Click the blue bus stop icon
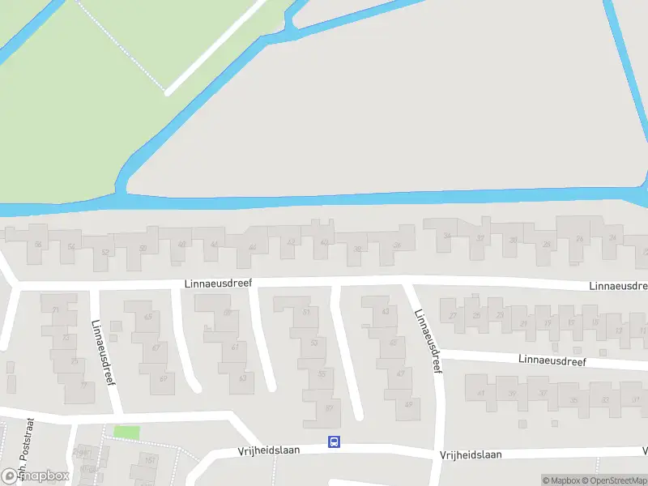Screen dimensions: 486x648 334,441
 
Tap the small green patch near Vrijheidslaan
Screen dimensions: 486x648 126,433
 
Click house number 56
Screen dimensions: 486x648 38,244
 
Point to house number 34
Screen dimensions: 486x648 446,237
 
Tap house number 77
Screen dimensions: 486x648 83,386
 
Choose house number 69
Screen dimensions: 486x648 163,379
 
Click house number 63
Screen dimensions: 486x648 242,378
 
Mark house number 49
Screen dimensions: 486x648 408,404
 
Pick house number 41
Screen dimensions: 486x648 480,394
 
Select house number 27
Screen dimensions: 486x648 454,316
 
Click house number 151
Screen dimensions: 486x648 150,460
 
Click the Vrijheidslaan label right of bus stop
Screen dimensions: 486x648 471,454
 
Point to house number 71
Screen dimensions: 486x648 55,310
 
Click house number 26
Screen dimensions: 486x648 579,239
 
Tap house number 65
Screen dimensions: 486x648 147,317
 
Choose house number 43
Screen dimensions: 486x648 386,312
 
